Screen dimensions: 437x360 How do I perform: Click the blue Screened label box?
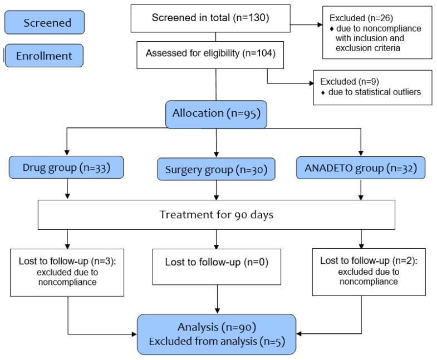tap(45, 22)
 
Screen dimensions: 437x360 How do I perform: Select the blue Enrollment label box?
tap(44, 56)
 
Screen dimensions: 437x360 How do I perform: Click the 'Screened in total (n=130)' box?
tap(210, 18)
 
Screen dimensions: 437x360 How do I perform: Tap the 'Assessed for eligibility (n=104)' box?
tap(210, 55)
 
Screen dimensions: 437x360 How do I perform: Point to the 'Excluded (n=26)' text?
tap(361, 18)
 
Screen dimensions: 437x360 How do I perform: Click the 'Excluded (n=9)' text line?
tap(350, 81)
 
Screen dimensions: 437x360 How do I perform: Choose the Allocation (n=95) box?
tap(216, 114)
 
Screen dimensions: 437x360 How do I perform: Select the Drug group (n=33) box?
tap(66, 167)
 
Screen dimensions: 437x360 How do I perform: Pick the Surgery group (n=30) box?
tap(216, 169)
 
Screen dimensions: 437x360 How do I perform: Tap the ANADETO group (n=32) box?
tap(361, 167)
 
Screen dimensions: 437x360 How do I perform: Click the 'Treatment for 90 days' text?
tap(217, 215)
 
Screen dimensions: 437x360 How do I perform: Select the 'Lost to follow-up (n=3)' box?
tap(67, 273)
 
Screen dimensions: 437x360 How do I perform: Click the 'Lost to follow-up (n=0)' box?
tap(217, 267)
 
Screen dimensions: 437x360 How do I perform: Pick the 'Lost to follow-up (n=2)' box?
tap(369, 272)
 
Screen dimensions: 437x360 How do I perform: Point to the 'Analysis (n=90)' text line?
tap(217, 327)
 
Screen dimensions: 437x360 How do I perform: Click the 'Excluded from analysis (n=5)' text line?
tap(217, 341)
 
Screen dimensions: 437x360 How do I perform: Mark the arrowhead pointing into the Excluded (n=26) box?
tap(320, 24)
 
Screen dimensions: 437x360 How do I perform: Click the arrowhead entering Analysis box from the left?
tap(134, 334)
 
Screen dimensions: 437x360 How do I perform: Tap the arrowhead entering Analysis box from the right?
tap(299, 333)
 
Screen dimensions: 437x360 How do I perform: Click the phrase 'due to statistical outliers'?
tap(374, 92)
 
